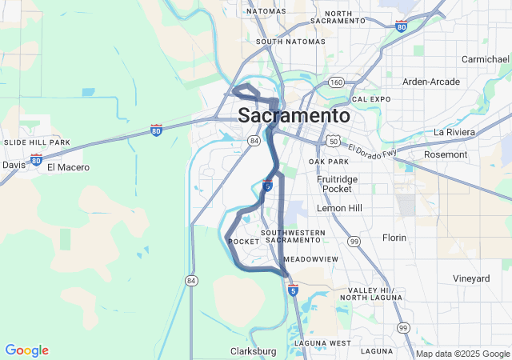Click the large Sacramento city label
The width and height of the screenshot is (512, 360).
[294, 116]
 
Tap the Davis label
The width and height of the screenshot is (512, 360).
[14, 164]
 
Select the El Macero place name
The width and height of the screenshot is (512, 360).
[68, 167]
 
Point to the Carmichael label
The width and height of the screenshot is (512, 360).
[486, 59]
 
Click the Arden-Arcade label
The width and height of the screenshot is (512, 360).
[431, 82]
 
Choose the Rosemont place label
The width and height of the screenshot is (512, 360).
[468, 154]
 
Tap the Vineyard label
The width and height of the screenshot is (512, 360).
[471, 278]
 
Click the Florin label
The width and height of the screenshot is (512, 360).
[394, 238]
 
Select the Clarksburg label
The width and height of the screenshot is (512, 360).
[253, 351]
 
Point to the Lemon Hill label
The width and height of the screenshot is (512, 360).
[340, 208]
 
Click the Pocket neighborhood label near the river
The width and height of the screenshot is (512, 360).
[242, 242]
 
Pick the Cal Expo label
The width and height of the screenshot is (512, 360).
[370, 99]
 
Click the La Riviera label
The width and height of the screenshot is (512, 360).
[454, 131]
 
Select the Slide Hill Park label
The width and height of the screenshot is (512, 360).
[38, 142]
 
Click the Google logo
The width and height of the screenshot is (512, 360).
[26, 350]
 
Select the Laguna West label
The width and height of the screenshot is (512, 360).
[322, 343]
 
